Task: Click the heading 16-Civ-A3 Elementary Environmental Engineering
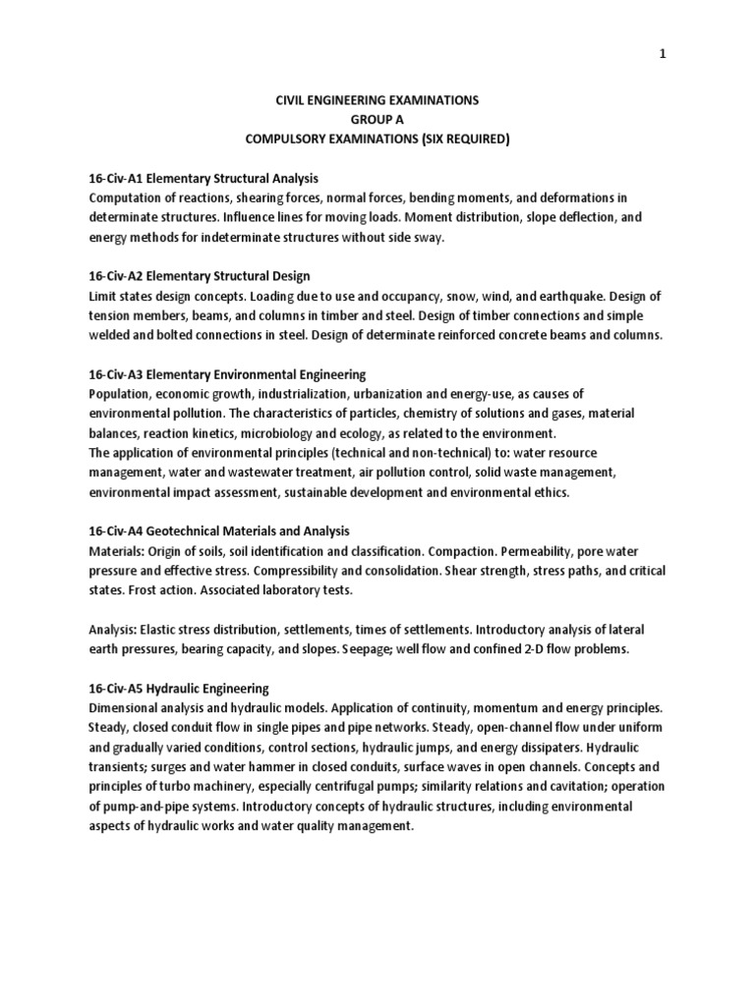tap(227, 374)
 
